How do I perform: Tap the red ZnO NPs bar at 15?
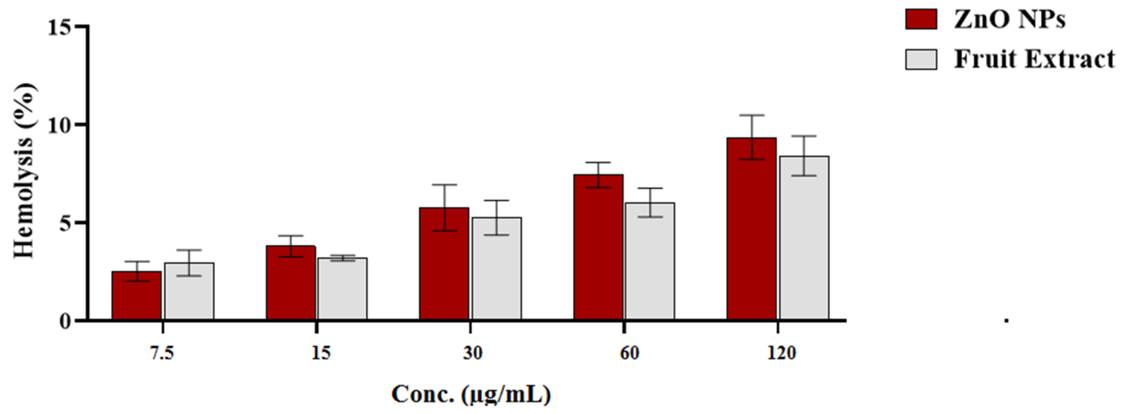(x=291, y=283)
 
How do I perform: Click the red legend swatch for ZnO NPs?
(x=921, y=19)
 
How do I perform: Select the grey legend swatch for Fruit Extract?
(x=921, y=59)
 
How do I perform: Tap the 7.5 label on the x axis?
(x=162, y=353)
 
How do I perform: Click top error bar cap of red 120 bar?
(x=752, y=115)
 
